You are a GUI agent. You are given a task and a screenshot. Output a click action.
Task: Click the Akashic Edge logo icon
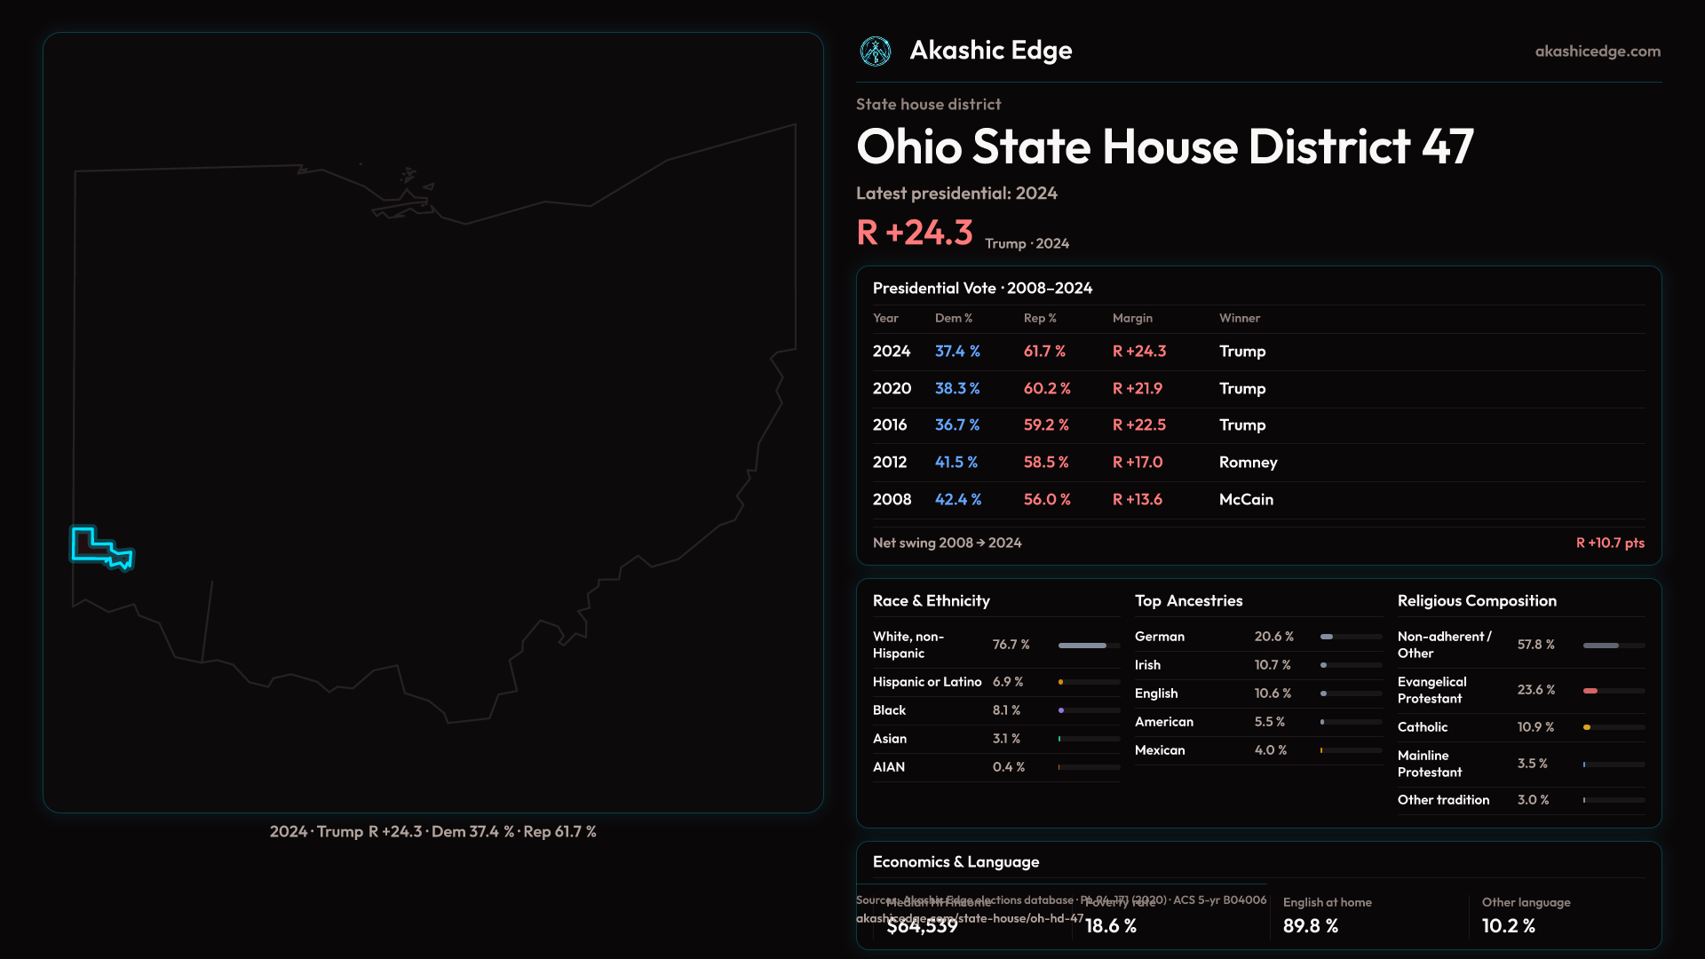pyautogui.click(x=876, y=52)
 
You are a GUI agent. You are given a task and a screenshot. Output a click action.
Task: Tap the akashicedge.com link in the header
pyautogui.click(x=1598, y=52)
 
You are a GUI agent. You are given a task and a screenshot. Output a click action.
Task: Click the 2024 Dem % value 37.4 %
pyautogui.click(x=957, y=352)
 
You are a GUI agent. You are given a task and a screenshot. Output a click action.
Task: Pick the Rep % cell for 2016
pyautogui.click(x=1046, y=425)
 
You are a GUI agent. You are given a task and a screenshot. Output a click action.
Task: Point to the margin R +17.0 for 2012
pyautogui.click(x=1138, y=463)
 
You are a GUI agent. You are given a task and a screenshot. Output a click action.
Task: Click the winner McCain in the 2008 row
pyautogui.click(x=1246, y=500)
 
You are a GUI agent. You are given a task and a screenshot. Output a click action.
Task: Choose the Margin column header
pyautogui.click(x=1132, y=318)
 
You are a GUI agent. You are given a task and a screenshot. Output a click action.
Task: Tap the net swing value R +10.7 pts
pyautogui.click(x=1610, y=543)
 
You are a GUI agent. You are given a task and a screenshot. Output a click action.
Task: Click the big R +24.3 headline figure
pyautogui.click(x=915, y=233)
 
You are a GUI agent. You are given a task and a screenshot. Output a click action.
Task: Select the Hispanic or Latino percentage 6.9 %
pyautogui.click(x=1008, y=682)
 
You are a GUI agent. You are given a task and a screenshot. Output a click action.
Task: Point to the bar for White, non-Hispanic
pyautogui.click(x=1082, y=646)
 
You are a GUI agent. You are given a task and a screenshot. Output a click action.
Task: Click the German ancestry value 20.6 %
pyautogui.click(x=1273, y=637)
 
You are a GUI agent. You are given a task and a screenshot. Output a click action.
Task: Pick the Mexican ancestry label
pyautogui.click(x=1160, y=750)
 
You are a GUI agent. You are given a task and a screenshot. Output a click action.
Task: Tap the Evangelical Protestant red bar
pyautogui.click(x=1590, y=691)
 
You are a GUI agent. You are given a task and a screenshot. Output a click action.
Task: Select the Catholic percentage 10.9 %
pyautogui.click(x=1535, y=727)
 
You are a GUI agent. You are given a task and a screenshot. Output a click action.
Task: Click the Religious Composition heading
pyautogui.click(x=1477, y=601)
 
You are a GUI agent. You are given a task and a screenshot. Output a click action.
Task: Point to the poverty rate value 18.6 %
pyautogui.click(x=1111, y=926)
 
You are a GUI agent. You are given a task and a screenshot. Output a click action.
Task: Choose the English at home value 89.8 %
pyautogui.click(x=1311, y=926)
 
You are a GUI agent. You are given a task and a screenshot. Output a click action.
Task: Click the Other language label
pyautogui.click(x=1526, y=902)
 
